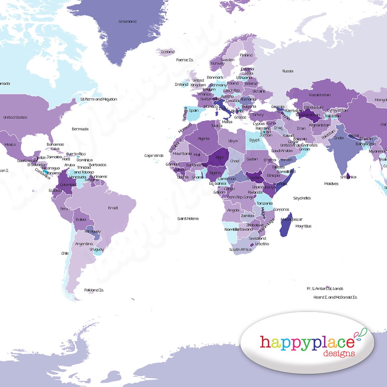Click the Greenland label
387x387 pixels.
point(128,21)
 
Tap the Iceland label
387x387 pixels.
point(168,52)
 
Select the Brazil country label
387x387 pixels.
point(113,208)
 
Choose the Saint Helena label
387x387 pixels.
point(188,219)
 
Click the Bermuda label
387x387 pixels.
point(80,129)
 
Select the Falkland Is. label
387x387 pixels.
point(94,290)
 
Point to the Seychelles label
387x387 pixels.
point(302,198)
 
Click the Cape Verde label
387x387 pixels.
point(154,156)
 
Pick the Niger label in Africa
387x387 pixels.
point(219,157)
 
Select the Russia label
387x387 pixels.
point(288,71)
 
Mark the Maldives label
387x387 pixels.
point(331,184)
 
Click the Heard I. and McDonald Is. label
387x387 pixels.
point(335,297)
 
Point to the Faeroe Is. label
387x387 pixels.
point(185,60)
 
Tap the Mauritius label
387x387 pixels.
point(304,226)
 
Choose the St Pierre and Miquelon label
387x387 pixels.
point(99,99)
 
